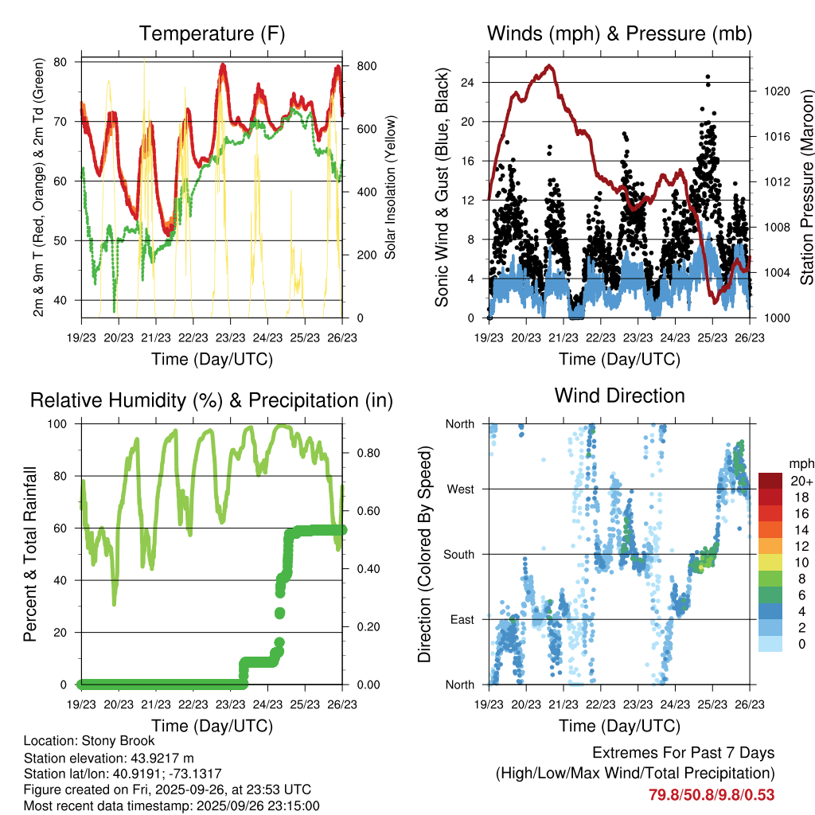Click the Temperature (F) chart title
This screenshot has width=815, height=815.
(212, 34)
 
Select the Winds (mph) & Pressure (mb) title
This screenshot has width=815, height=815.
(619, 34)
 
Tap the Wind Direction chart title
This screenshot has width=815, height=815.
(619, 396)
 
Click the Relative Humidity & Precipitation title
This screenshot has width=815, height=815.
(212, 400)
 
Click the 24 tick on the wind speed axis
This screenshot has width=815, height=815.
(467, 82)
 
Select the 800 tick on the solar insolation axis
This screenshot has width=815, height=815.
(365, 65)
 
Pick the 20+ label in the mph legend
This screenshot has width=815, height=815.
(800, 481)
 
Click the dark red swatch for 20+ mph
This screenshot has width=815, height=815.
(770, 481)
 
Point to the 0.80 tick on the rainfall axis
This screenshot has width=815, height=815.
(363, 454)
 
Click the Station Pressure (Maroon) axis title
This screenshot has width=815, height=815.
(805, 189)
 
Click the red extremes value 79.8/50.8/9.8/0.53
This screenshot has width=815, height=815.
(711, 794)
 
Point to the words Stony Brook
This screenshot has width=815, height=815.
(121, 741)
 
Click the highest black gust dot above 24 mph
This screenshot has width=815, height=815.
(708, 77)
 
